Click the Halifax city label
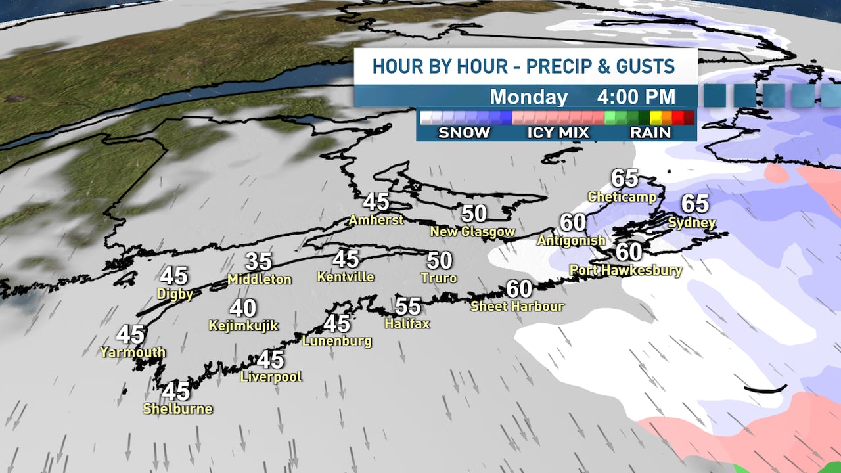(407, 323)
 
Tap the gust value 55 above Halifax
(407, 307)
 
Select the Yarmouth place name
(133, 353)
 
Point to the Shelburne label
(177, 409)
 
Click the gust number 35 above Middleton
(259, 261)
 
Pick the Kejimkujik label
(243, 325)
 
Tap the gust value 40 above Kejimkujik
(243, 308)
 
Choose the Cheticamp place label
(622, 196)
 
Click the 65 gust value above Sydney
(695, 204)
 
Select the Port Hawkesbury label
(625, 270)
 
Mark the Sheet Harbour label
(517, 306)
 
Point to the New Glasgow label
(472, 232)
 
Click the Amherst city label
(376, 219)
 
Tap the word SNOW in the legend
(464, 133)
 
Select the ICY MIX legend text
(558, 133)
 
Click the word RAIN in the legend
(650, 133)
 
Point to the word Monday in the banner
(528, 97)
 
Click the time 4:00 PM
(636, 97)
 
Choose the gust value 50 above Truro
(440, 261)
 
